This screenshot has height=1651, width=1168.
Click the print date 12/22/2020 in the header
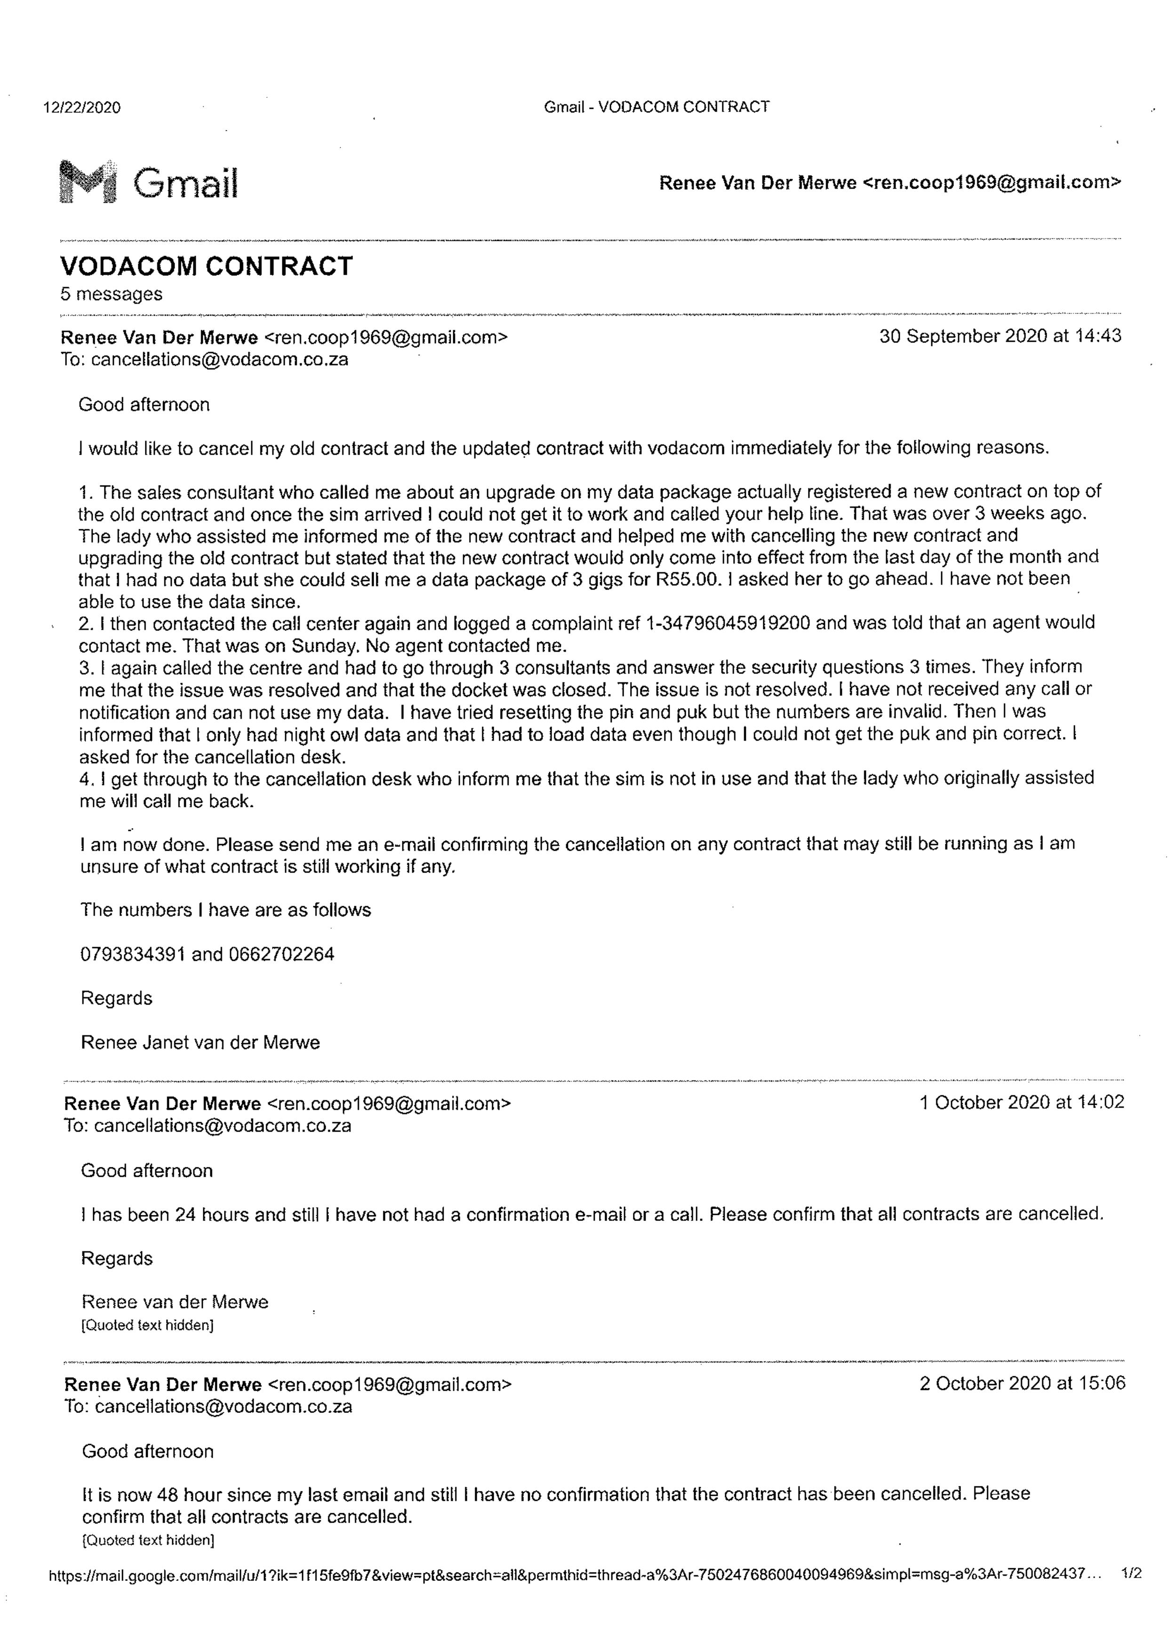pos(82,108)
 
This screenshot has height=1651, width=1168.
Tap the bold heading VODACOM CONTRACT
pos(207,266)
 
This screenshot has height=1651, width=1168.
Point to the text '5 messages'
pos(112,294)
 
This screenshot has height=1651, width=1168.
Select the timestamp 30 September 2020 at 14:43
pos(1000,336)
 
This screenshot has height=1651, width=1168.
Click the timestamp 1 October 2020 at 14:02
pos(1021,1102)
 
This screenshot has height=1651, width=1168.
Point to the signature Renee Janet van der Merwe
pos(200,1042)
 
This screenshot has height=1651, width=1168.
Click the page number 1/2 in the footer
pos(1131,1573)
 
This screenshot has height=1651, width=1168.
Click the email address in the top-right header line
pos(991,183)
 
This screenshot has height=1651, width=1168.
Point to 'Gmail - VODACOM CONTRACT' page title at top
pos(656,107)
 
